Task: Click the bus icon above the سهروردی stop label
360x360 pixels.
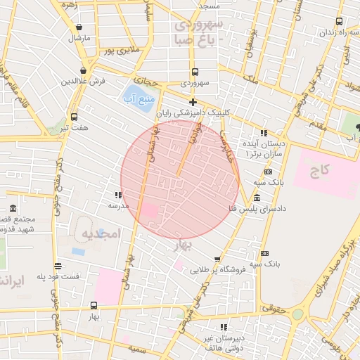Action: click(x=194, y=71)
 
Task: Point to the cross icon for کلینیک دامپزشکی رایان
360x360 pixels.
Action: click(x=193, y=102)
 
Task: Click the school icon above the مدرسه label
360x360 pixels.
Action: click(x=118, y=194)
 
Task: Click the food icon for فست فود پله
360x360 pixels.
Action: click(x=58, y=266)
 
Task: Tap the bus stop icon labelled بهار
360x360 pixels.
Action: click(x=94, y=305)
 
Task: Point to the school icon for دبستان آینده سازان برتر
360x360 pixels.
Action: click(x=263, y=132)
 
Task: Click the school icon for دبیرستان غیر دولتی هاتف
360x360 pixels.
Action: click(x=224, y=327)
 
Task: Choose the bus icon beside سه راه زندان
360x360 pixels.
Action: click(x=340, y=22)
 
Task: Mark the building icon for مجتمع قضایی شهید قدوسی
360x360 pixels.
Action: click(x=13, y=209)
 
